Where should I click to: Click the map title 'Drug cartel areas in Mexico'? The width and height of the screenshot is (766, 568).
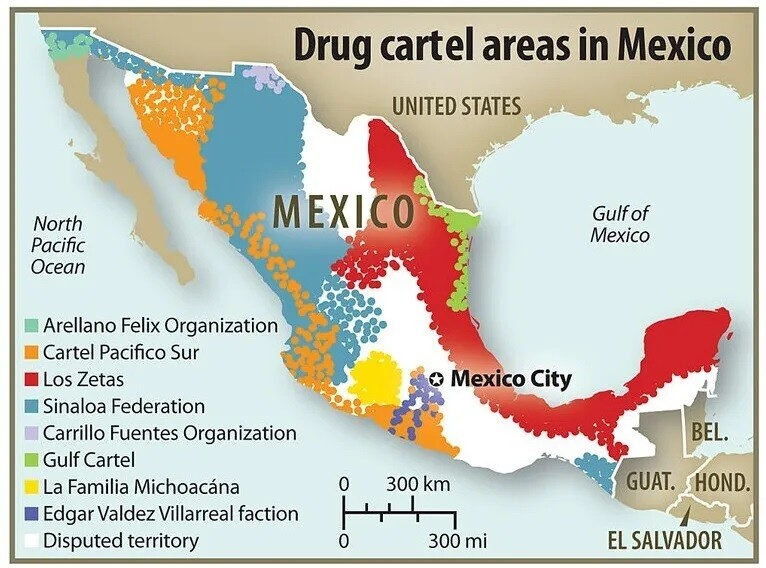pos(510,45)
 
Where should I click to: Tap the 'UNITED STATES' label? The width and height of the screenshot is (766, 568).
pos(456,106)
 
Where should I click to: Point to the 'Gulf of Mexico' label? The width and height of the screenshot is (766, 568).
pos(620,224)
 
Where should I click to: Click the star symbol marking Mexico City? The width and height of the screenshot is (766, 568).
pos(436,379)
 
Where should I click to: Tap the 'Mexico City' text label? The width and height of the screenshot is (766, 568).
pos(510,379)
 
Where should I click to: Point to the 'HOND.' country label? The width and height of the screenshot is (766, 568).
pos(722,482)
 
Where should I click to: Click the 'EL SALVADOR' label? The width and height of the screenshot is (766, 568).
pos(664,541)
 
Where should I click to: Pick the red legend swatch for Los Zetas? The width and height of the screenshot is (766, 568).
pos(31,380)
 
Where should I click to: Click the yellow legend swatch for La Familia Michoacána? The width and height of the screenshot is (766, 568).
pos(31,488)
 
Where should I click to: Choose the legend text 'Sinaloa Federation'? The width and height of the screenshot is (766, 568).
pos(124,407)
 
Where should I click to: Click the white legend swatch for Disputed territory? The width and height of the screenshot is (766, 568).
pos(31,542)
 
